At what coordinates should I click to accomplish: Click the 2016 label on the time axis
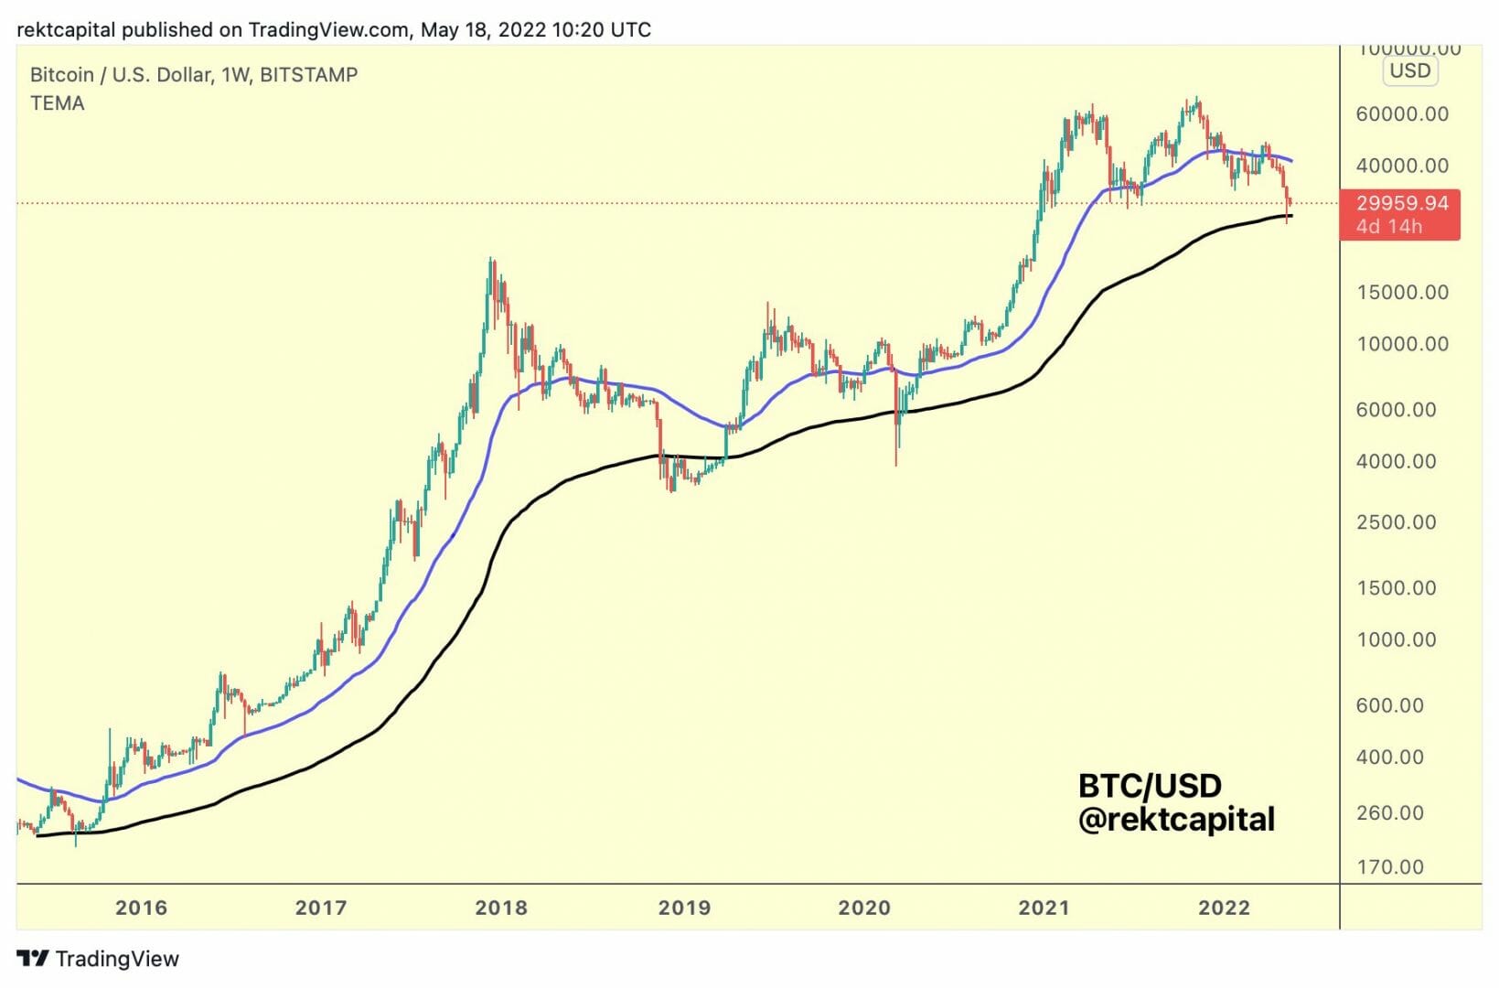pos(141,907)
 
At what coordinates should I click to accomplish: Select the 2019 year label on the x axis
pos(684,907)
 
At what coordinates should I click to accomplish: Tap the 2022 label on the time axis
pos(1224,907)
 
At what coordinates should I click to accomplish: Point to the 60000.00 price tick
pos(1402,114)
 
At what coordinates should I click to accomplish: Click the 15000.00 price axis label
pos(1402,293)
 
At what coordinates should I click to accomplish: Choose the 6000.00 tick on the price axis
pos(1396,410)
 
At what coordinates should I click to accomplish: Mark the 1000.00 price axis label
pos(1396,639)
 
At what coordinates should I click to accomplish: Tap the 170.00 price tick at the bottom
pos(1390,867)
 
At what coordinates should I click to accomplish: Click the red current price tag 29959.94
pos(1402,203)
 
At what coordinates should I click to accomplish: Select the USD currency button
pos(1409,71)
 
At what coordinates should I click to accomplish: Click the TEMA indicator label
pos(57,103)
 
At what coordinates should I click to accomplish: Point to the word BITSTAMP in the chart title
pos(308,75)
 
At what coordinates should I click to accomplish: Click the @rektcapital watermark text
pos(1176,820)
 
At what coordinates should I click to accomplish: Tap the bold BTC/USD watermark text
pos(1150,786)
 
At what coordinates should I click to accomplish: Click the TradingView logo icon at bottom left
pos(33,959)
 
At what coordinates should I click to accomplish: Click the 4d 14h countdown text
pos(1389,226)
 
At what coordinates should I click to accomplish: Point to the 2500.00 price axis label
pos(1396,522)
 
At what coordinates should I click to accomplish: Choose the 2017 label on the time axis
pos(321,907)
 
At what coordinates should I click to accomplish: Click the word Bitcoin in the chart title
pos(61,75)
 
